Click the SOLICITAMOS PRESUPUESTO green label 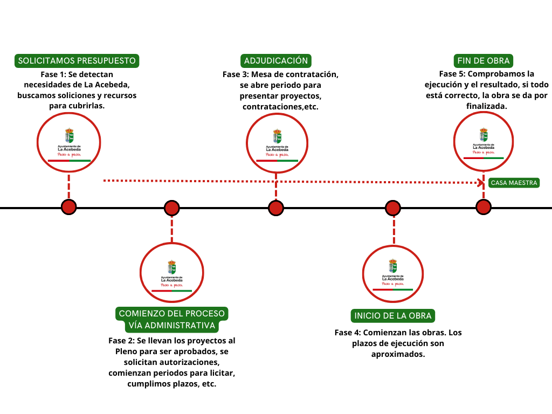pos(77,61)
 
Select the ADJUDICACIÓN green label pos(275,61)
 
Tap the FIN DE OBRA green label pos(483,61)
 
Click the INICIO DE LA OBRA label pos(393,315)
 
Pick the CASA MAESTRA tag pos(514,183)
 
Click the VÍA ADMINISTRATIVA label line pos(172,326)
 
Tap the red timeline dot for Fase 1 pos(68,207)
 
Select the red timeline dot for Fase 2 pos(171,208)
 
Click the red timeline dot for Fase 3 pos(276,208)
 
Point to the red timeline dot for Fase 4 pos(393,208)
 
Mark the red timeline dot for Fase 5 pos(484,207)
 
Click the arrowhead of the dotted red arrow pos(481,182)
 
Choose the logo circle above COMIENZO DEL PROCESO pos(172,274)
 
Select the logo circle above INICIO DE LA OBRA pos(393,274)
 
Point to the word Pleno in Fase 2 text pos(126,351)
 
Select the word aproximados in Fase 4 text pos(398,354)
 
